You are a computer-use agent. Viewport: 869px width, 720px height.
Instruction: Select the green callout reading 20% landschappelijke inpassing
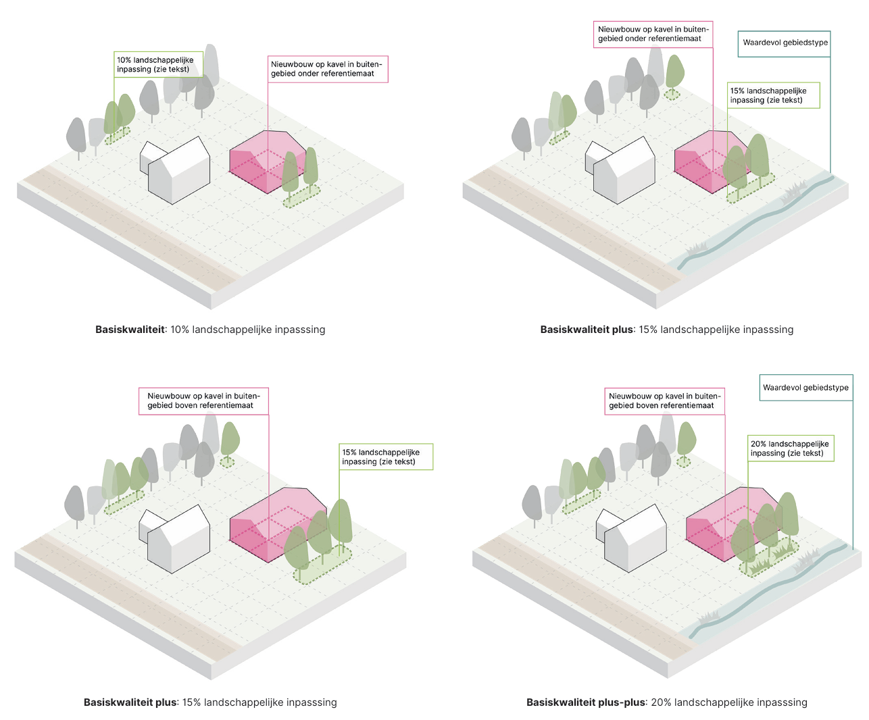(x=790, y=448)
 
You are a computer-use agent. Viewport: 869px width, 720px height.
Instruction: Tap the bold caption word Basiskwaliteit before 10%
(x=130, y=330)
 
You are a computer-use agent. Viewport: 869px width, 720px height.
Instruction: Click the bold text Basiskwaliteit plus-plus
(x=586, y=702)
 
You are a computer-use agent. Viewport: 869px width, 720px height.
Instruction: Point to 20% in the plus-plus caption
(x=661, y=702)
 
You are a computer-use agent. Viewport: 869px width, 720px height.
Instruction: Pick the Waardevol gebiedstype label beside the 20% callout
(x=805, y=388)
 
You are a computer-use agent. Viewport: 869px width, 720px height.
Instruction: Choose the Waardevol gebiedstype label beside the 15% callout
(x=785, y=43)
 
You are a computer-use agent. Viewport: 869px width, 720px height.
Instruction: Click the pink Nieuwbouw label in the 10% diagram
(x=327, y=69)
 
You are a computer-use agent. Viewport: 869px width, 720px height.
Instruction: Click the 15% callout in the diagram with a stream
(x=772, y=95)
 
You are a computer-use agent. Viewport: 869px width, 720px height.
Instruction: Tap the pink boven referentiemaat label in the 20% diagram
(x=664, y=401)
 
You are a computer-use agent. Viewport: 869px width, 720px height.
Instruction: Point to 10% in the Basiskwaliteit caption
(x=180, y=330)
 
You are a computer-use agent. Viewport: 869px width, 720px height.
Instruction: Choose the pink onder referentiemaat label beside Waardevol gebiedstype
(x=653, y=34)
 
